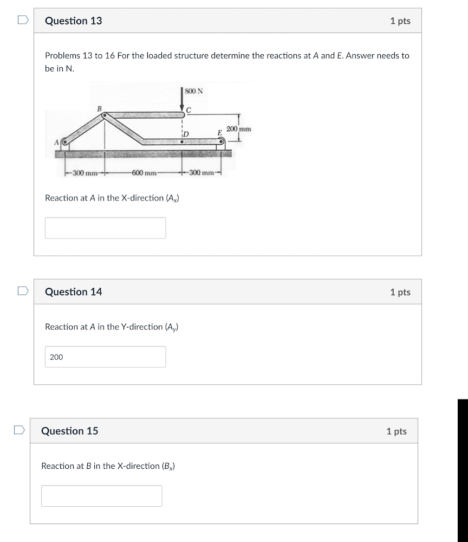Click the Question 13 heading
coord(74,21)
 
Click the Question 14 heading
coord(74,292)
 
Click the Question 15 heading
coord(70,431)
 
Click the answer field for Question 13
coord(105,228)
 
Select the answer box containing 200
coord(105,357)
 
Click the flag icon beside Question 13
coord(22,20)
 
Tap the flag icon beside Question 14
coord(22,291)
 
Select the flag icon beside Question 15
coord(19,430)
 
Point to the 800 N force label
coord(193,91)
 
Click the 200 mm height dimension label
coord(239,130)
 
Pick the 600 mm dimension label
coord(144,173)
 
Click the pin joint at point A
coord(65,143)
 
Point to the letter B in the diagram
coord(99,109)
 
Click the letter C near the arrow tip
coord(188,111)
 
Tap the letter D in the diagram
coord(186,133)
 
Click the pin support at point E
coord(220,144)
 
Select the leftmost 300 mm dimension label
coord(85,173)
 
